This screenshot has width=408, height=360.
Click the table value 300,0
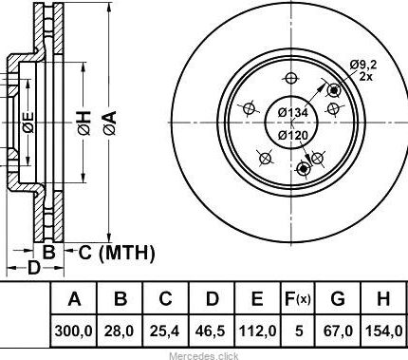[x=73, y=332]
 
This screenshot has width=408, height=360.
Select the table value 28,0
[x=120, y=332]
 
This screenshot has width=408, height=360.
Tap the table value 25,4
[x=165, y=332]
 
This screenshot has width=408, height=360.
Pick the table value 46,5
[x=211, y=332]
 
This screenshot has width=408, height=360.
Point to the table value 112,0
[x=257, y=332]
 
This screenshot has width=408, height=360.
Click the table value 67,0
[x=338, y=332]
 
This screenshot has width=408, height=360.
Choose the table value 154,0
[x=384, y=332]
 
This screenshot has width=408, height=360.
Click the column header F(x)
[x=298, y=298]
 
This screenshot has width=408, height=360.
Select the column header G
[x=338, y=298]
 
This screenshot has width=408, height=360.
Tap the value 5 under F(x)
[x=299, y=332]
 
